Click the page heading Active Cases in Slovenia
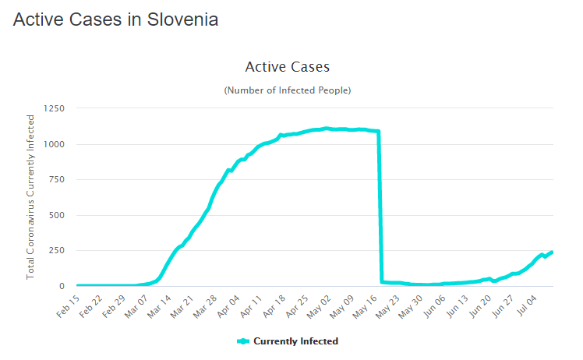click(115, 20)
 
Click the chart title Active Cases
click(287, 67)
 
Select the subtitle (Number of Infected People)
click(288, 90)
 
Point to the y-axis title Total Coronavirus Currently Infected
click(31, 196)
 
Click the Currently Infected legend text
click(295, 341)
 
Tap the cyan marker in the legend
click(242, 341)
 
